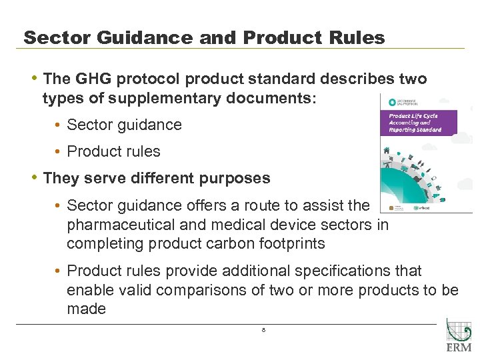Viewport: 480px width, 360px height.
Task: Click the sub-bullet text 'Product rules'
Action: (114, 151)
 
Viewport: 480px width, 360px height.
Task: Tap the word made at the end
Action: (86, 309)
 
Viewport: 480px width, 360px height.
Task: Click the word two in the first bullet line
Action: (412, 79)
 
